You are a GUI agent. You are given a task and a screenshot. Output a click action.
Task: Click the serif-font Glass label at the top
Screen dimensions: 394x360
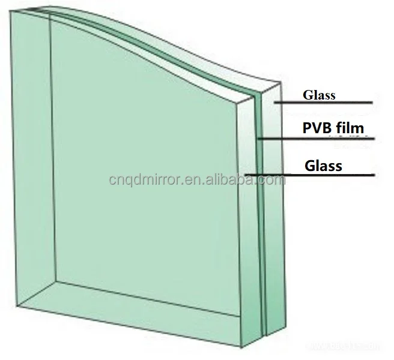pos(319,95)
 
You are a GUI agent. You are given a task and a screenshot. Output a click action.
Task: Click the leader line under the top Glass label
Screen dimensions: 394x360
pos(324,103)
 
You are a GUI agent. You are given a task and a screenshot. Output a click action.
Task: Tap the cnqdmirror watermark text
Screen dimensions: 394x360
pos(192,179)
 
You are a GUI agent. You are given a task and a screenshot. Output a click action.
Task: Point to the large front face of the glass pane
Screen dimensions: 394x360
pos(144,180)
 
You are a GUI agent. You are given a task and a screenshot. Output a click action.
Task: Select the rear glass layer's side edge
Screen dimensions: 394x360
pos(271,210)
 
